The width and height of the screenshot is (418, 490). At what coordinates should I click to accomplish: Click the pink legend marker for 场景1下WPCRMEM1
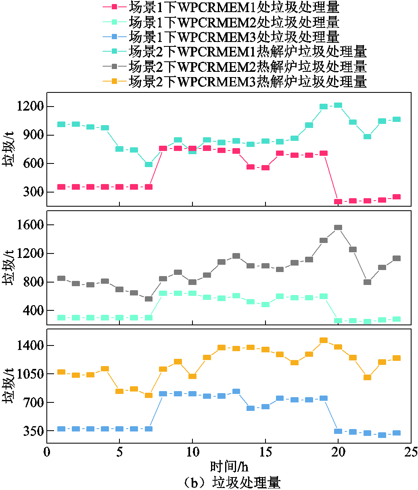pos(114,7)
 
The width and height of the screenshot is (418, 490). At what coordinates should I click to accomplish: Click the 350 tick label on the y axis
pos(32,431)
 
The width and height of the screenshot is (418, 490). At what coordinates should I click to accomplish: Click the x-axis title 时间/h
pos(229,467)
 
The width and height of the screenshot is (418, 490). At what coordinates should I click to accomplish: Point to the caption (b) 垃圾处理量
pos(229,482)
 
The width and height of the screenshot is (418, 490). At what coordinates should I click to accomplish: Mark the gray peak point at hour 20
pos(338,228)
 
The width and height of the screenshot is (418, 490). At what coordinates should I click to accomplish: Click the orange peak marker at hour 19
pos(324,340)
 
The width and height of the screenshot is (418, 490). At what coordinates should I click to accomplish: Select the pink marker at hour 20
pos(338,201)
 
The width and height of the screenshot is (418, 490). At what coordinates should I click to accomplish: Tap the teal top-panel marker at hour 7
pos(148,164)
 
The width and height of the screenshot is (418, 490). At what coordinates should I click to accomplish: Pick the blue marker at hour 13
pos(236,391)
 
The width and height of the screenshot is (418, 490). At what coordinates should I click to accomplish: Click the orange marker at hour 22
pos(367,377)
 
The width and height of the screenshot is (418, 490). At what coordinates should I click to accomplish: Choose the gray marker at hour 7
pos(148,299)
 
